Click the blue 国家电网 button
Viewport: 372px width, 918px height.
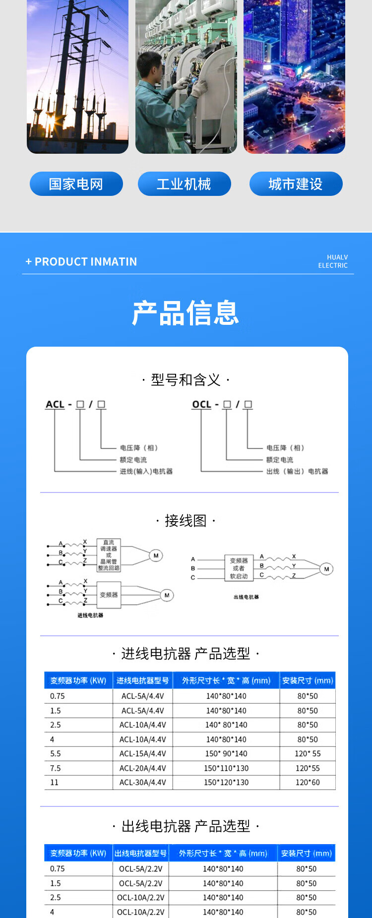[x=76, y=184]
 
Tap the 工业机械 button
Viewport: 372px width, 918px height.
[x=184, y=184]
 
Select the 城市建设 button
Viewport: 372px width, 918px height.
[x=296, y=184]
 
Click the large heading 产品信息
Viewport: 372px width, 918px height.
[x=186, y=313]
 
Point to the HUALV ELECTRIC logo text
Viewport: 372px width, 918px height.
[x=333, y=261]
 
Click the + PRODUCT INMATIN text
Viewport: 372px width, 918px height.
[x=81, y=262]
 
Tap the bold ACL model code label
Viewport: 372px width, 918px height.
[x=55, y=405]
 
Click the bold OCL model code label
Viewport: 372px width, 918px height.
[x=201, y=405]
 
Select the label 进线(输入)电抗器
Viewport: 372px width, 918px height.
[x=146, y=471]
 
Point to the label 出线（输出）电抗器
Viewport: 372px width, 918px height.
[x=297, y=471]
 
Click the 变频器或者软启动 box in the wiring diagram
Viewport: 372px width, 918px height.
[x=239, y=568]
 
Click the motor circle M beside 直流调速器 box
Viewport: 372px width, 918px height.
[x=156, y=555]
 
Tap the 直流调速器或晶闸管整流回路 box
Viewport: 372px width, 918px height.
[x=108, y=555]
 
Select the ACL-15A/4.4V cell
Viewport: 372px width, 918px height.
[x=143, y=754]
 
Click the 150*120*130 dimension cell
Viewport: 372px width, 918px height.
[x=226, y=783]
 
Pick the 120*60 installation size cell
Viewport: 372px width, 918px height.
[x=308, y=783]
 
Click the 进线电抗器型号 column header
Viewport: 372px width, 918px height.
[x=143, y=680]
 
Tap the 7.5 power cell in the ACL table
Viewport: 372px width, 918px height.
[x=56, y=768]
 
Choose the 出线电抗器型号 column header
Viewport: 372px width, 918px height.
[x=140, y=853]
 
